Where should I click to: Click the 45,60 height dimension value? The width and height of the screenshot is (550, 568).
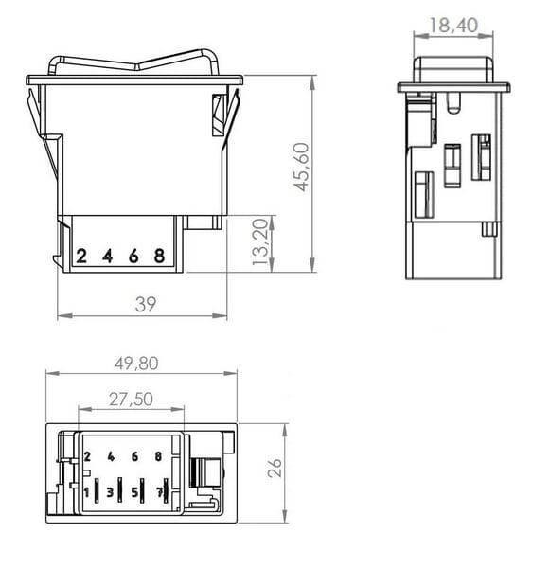(x=301, y=167)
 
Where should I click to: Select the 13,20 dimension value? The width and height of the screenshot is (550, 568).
(x=260, y=242)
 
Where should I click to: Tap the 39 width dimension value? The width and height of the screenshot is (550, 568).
(x=146, y=304)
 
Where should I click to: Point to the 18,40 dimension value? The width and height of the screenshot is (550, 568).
(x=453, y=26)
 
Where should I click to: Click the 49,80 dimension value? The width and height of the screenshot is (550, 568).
(x=136, y=364)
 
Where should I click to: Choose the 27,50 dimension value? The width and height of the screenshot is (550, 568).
(x=132, y=399)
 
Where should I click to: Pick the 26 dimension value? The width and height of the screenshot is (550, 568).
(x=275, y=468)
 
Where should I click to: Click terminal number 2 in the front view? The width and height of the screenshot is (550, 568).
(x=81, y=256)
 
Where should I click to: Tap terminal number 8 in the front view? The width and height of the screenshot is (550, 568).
(x=159, y=256)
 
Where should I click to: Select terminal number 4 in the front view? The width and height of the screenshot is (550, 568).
(x=108, y=256)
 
